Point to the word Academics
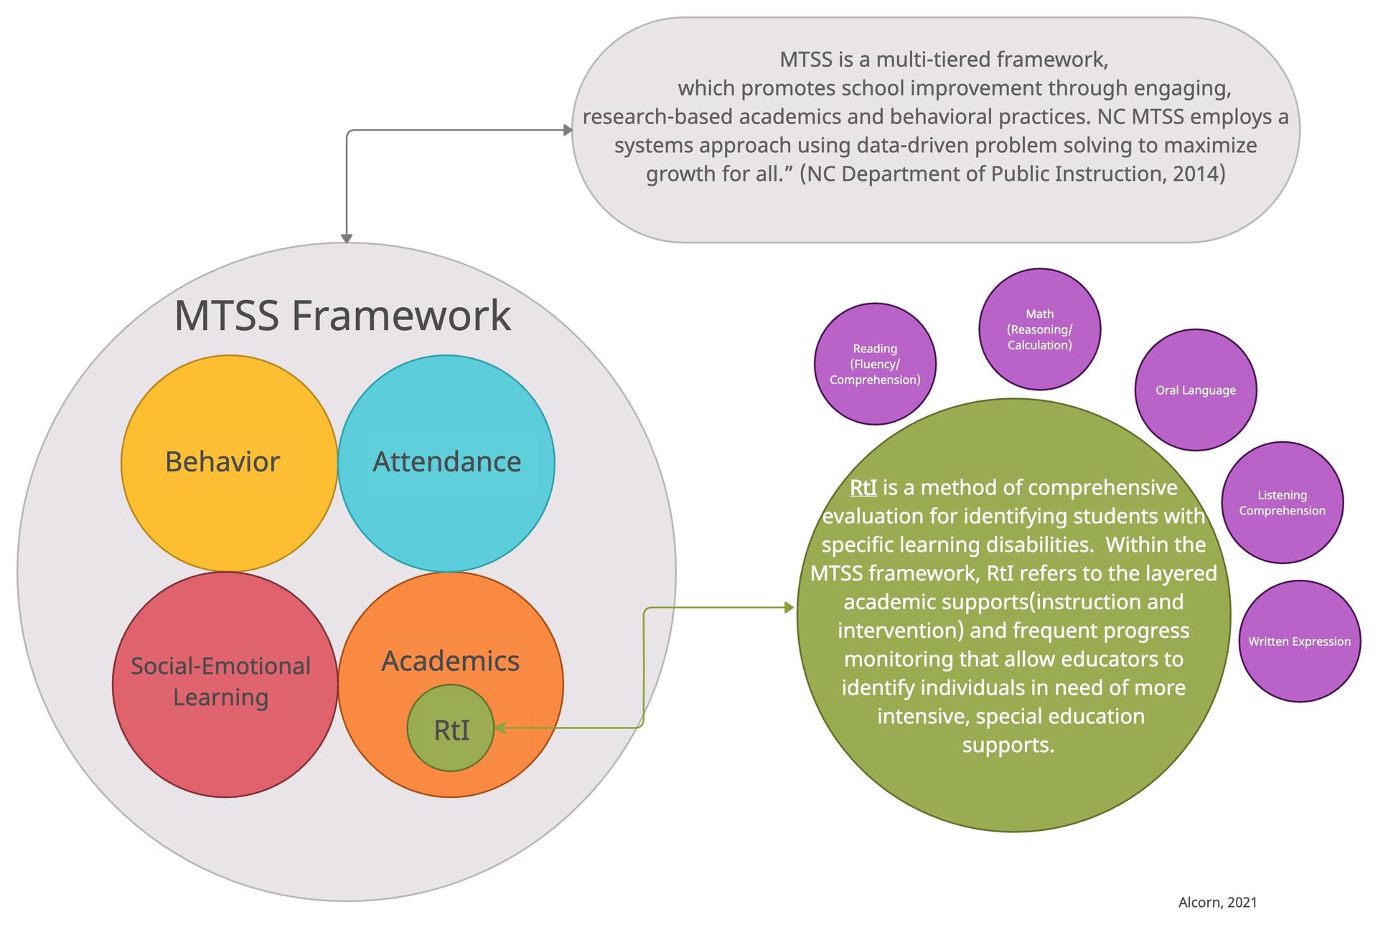coord(450,661)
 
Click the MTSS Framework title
coord(342,315)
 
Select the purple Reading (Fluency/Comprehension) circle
coord(875,364)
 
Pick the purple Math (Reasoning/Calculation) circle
coord(1039,329)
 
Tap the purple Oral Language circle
coord(1195,390)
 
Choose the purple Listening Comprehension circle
coord(1282,502)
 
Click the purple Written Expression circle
coord(1299,641)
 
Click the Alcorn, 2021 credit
coord(1217,902)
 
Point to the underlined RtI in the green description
coord(863,488)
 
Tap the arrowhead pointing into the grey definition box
coord(568,130)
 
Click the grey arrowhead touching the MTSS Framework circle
coord(347,238)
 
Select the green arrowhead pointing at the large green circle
coord(789,608)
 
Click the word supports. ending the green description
coord(1008,745)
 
